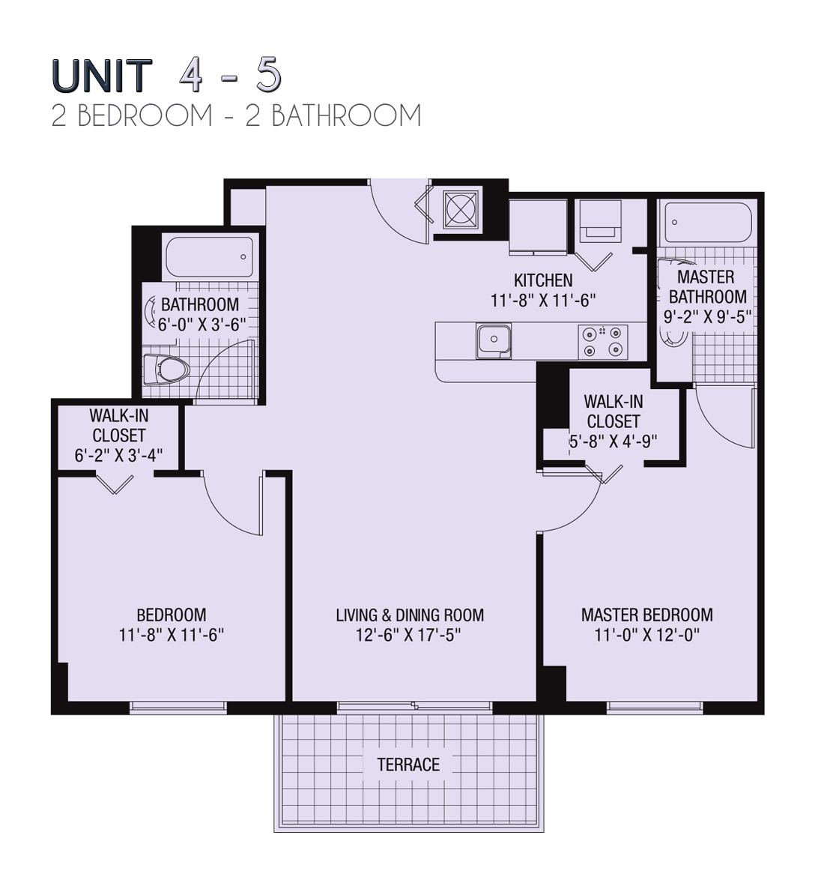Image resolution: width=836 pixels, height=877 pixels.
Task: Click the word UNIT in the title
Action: pyautogui.click(x=102, y=76)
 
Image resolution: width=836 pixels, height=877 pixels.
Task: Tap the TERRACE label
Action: pyautogui.click(x=408, y=765)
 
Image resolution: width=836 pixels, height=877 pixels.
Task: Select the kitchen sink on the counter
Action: pyautogui.click(x=494, y=341)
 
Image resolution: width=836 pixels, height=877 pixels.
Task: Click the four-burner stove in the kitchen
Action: pyautogui.click(x=603, y=341)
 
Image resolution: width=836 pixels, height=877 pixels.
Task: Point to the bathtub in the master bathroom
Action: pyautogui.click(x=706, y=223)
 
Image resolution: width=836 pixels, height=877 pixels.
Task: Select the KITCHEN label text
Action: pyautogui.click(x=543, y=280)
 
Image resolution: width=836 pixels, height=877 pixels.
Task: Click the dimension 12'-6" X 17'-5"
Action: pyautogui.click(x=409, y=635)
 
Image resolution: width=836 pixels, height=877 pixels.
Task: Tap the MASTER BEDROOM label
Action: pyautogui.click(x=646, y=615)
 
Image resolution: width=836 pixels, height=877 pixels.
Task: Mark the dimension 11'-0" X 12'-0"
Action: pyautogui.click(x=646, y=635)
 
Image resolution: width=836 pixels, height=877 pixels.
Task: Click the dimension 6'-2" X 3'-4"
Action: pyautogui.click(x=118, y=455)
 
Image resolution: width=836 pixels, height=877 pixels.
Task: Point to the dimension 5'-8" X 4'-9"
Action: pyautogui.click(x=613, y=441)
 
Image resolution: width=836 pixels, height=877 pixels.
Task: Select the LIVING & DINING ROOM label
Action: pyautogui.click(x=409, y=615)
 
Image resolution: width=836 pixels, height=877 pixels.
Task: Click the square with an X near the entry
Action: pyautogui.click(x=460, y=209)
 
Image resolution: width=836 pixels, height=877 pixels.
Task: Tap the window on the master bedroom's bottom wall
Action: pyautogui.click(x=655, y=706)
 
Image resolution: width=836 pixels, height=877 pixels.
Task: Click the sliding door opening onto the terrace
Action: pyautogui.click(x=414, y=706)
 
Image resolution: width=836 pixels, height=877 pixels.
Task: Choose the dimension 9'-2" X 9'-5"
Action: pyautogui.click(x=707, y=316)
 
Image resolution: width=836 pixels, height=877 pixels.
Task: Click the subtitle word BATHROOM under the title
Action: pyautogui.click(x=346, y=116)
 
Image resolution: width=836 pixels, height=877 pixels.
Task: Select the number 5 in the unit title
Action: pyautogui.click(x=268, y=74)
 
